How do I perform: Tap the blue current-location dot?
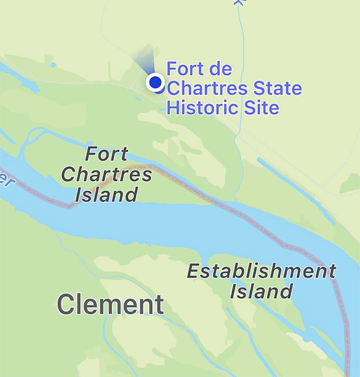tap(155, 82)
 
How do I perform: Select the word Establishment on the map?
tap(261, 271)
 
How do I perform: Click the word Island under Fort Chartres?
tap(106, 195)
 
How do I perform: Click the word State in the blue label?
tap(278, 88)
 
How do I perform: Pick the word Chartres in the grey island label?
tap(107, 175)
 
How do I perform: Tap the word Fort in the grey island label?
tap(107, 155)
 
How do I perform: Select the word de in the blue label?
tap(220, 69)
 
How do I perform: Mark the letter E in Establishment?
tap(193, 271)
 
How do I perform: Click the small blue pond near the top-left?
tap(53, 65)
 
